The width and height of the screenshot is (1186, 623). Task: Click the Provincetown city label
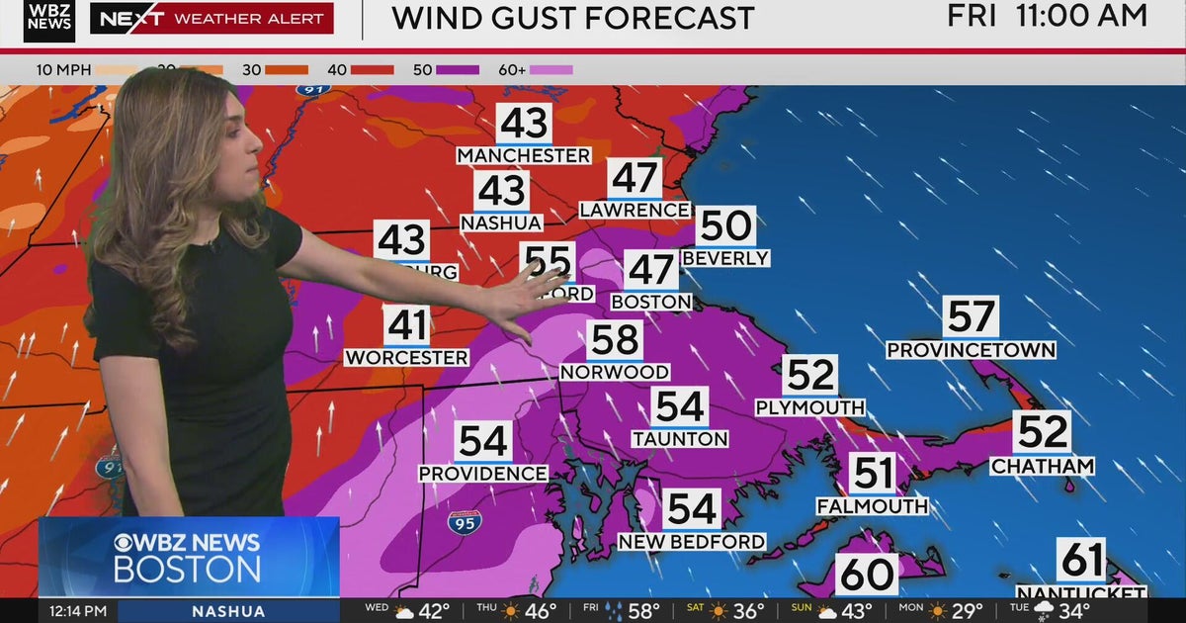pyautogui.click(x=971, y=350)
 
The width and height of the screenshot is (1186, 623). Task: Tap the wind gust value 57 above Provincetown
pyautogui.click(x=971, y=317)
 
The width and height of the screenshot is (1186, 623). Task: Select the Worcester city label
pyautogui.click(x=406, y=357)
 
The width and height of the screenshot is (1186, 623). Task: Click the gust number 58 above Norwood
pyautogui.click(x=615, y=340)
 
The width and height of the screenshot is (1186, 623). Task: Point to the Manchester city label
pyautogui.click(x=524, y=155)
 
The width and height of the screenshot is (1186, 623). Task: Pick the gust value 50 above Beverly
pyautogui.click(x=725, y=226)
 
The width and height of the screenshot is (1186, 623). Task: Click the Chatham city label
pyautogui.click(x=1043, y=465)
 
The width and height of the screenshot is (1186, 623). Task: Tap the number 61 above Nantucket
pyautogui.click(x=1081, y=561)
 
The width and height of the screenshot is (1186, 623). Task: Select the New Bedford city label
pyautogui.click(x=692, y=542)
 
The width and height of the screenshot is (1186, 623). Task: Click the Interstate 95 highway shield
pyautogui.click(x=464, y=522)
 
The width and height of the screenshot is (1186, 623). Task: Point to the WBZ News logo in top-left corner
pyautogui.click(x=49, y=20)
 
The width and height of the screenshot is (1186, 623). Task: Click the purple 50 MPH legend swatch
pyautogui.click(x=458, y=70)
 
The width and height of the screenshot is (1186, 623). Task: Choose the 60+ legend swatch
pyautogui.click(x=551, y=70)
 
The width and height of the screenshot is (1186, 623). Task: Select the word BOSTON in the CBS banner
pyautogui.click(x=187, y=570)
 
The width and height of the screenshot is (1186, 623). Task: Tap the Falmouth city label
pyautogui.click(x=872, y=506)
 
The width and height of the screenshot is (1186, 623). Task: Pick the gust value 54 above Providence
pyautogui.click(x=483, y=441)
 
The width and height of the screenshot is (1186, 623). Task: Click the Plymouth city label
pyautogui.click(x=809, y=407)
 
